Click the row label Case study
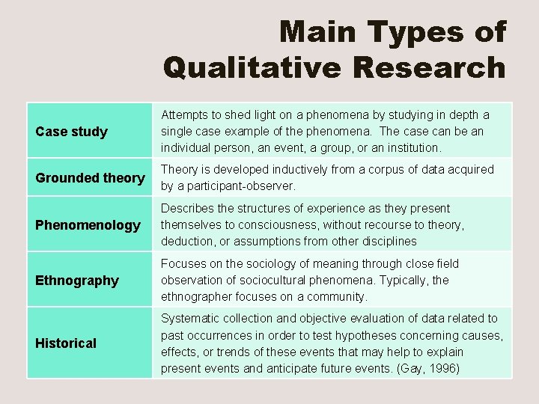(72, 132)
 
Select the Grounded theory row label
(90, 178)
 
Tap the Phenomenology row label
(88, 225)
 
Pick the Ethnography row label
(77, 281)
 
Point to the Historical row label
(66, 343)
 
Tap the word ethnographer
(197, 296)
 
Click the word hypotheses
(362, 335)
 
